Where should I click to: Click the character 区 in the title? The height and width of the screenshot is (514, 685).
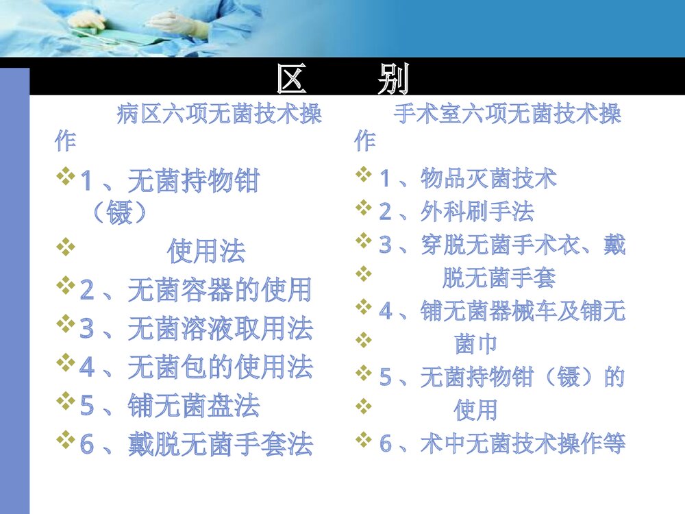tap(290, 80)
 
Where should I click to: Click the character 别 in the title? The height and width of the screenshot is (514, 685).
tap(393, 80)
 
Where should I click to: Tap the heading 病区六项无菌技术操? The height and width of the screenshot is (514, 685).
tap(219, 114)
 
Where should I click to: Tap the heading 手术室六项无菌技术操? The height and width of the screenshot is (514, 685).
tap(508, 114)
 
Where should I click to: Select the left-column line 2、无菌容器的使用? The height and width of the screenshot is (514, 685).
tap(196, 291)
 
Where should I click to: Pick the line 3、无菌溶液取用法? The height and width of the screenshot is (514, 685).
tap(196, 329)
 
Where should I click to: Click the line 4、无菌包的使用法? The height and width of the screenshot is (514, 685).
tap(196, 367)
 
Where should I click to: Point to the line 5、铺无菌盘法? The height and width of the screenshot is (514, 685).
tap(170, 406)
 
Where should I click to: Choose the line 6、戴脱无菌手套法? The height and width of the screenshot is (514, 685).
tap(196, 444)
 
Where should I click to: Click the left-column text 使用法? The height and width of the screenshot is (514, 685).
tap(206, 252)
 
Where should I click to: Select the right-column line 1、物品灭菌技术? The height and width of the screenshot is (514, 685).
tap(468, 179)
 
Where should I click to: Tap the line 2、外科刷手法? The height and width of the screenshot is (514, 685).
tap(456, 212)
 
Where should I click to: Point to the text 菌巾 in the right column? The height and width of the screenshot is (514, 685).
tap(475, 343)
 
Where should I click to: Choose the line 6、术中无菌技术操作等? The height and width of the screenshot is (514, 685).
tap(502, 443)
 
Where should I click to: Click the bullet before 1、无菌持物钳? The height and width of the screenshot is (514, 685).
tap(66, 179)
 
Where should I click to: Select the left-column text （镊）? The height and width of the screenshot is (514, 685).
tap(119, 214)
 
